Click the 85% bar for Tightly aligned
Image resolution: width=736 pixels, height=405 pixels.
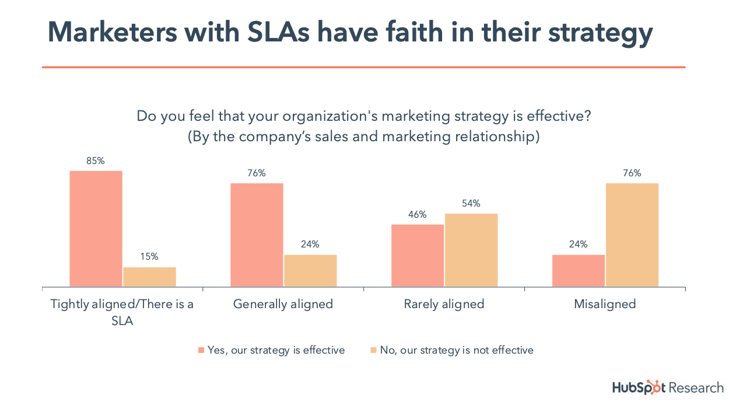point(96,229)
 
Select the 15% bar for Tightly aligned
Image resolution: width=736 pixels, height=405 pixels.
point(149,277)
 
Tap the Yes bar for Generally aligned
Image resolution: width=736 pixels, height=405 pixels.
point(257,235)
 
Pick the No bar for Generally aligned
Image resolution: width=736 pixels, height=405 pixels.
point(310,271)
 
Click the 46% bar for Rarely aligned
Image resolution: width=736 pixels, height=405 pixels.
point(418,256)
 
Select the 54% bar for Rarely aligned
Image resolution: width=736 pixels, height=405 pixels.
point(471,250)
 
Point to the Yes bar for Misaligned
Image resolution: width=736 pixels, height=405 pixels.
point(579,271)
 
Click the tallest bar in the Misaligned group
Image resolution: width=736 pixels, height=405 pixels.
point(632,235)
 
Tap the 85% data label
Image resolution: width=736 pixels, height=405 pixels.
point(96,161)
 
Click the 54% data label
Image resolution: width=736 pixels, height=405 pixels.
point(471,204)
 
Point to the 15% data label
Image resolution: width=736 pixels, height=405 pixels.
point(149,257)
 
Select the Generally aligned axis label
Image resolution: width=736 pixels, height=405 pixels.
point(283,304)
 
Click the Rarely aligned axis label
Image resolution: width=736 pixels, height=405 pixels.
point(444,304)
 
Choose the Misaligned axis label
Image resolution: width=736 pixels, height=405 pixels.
point(605,304)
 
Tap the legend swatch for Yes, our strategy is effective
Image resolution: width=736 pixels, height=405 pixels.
point(201,350)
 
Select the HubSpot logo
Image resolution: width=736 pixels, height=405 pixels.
point(639,387)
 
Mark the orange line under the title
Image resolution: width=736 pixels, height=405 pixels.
point(363,68)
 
